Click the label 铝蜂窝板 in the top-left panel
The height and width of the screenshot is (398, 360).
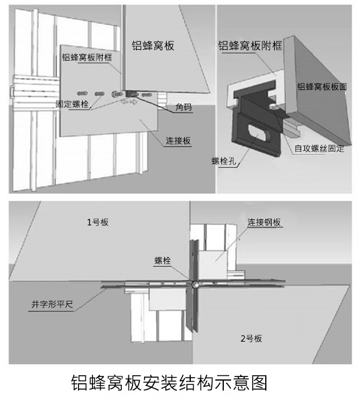[x=153, y=46]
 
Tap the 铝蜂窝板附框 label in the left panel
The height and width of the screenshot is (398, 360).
[x=87, y=58]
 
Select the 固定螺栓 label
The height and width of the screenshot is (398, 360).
[x=71, y=104]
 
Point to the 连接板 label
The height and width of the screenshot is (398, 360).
[x=178, y=141]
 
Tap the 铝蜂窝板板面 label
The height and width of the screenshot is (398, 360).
[x=322, y=87]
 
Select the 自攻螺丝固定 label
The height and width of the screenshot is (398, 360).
[x=319, y=148]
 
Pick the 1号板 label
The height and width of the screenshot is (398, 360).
[x=97, y=222]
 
